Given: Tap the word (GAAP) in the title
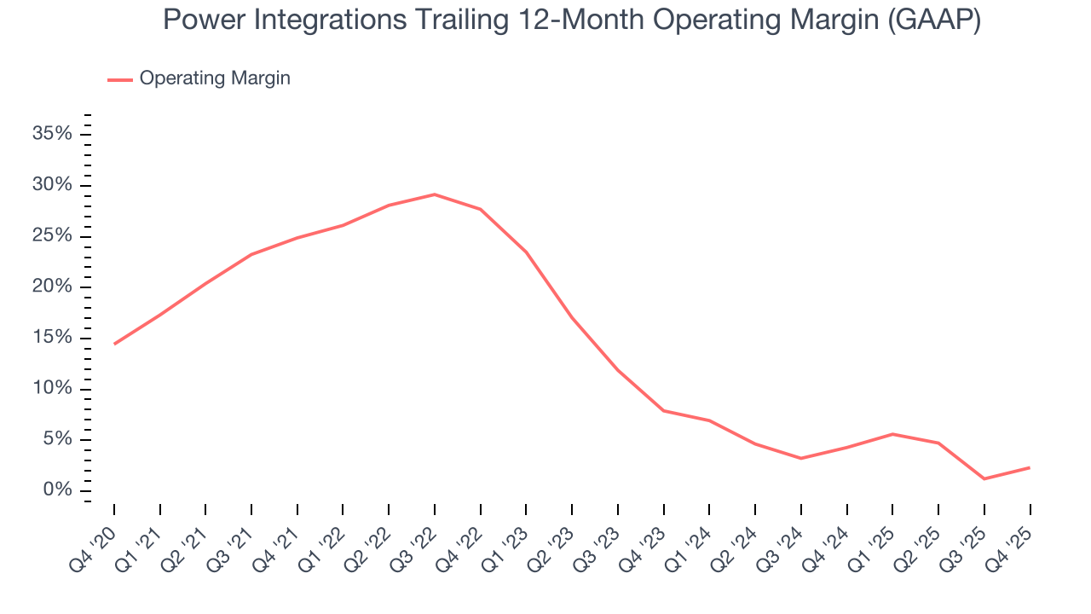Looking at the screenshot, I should tap(934, 20).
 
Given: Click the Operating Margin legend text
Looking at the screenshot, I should tap(215, 78).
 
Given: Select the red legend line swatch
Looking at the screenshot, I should tap(120, 79).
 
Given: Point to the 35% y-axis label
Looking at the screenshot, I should tap(52, 134).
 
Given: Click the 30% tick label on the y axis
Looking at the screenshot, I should tap(52, 185).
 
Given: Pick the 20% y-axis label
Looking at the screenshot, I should tap(52, 287).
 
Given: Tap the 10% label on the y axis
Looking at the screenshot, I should tap(52, 389).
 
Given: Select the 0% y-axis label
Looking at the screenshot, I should tap(57, 490).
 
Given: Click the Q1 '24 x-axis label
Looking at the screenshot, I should tap(693, 540).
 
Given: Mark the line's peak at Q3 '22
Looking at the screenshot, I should tap(435, 194).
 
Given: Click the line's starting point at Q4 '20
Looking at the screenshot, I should tap(114, 344).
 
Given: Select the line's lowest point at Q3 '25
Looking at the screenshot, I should tap(984, 478).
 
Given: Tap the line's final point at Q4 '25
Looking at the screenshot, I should tap(1030, 467).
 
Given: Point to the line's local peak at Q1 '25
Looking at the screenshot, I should tap(892, 434).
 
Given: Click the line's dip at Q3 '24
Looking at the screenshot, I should tap(801, 458).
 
